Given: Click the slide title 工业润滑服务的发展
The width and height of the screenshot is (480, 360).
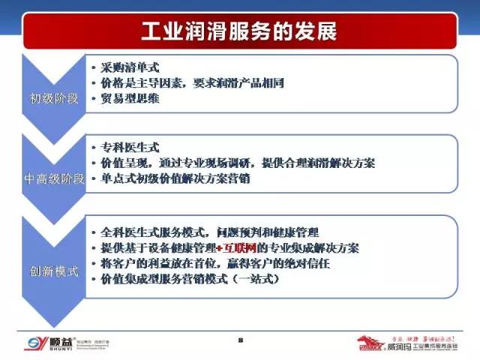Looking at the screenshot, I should (x=240, y=32).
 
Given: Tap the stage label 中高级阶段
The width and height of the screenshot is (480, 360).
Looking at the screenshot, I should (x=52, y=179).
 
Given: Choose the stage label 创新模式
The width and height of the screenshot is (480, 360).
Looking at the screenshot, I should (x=54, y=270).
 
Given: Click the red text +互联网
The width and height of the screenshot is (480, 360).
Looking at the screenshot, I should (x=236, y=247).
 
